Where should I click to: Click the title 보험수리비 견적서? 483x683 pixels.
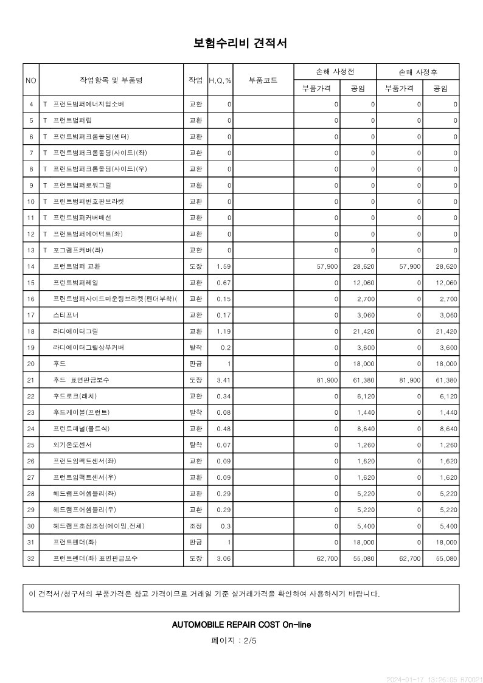[240, 43]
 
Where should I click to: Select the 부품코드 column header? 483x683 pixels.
[263, 80]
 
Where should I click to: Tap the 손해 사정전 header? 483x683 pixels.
[335, 72]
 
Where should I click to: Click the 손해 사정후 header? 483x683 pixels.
[418, 72]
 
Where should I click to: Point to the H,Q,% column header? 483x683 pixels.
[220, 80]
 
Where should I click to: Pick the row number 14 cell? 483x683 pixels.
[31, 266]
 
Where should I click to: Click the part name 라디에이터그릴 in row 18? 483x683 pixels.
[75, 331]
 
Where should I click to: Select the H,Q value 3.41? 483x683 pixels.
[224, 380]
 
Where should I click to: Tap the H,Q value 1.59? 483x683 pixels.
[224, 266]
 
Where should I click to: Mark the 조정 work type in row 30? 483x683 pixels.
[196, 525]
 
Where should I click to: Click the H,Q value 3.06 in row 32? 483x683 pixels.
[224, 558]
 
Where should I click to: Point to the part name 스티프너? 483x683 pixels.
[66, 315]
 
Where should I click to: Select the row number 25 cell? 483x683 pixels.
[31, 445]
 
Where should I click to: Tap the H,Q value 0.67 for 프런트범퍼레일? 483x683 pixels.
[224, 283]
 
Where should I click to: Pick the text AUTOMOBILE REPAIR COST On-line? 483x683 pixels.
[241, 625]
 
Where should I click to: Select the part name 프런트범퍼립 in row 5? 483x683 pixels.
[72, 120]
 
